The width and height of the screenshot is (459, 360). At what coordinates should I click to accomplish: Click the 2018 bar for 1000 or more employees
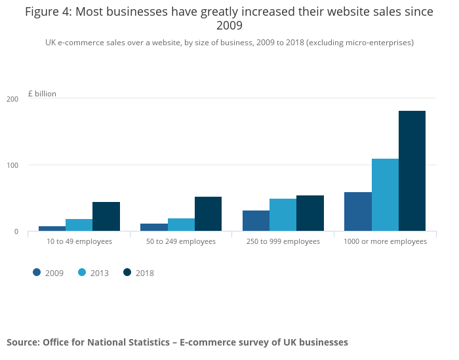click(412, 170)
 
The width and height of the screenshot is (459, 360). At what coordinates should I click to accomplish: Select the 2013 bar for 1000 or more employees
click(385, 195)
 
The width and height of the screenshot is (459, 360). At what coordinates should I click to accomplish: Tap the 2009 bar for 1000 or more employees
click(357, 211)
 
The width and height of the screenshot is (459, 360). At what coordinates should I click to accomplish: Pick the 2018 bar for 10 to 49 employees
click(106, 216)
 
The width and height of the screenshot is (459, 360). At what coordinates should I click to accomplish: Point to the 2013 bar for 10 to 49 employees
click(79, 225)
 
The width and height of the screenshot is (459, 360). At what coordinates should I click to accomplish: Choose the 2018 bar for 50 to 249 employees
click(208, 214)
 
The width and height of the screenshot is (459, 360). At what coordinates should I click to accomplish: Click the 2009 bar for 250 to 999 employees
click(256, 220)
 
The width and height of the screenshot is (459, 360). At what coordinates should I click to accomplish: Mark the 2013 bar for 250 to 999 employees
click(283, 214)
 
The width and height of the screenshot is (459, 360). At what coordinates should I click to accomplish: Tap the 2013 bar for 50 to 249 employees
click(181, 224)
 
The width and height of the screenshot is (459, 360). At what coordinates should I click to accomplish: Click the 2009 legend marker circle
click(37, 272)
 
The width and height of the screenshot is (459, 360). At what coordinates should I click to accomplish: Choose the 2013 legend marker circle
click(82, 272)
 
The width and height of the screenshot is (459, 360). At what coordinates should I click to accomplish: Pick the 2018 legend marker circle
click(127, 272)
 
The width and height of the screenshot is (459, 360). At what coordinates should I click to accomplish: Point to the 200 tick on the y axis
click(12, 99)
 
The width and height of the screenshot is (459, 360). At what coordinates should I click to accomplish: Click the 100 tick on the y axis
click(12, 165)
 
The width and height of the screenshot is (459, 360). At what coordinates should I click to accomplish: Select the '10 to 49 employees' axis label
click(79, 241)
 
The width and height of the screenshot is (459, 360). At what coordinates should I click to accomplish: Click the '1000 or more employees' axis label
click(385, 241)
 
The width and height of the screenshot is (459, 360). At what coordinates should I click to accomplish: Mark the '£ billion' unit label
click(42, 94)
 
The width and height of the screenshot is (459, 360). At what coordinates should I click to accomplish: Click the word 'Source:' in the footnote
click(23, 342)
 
